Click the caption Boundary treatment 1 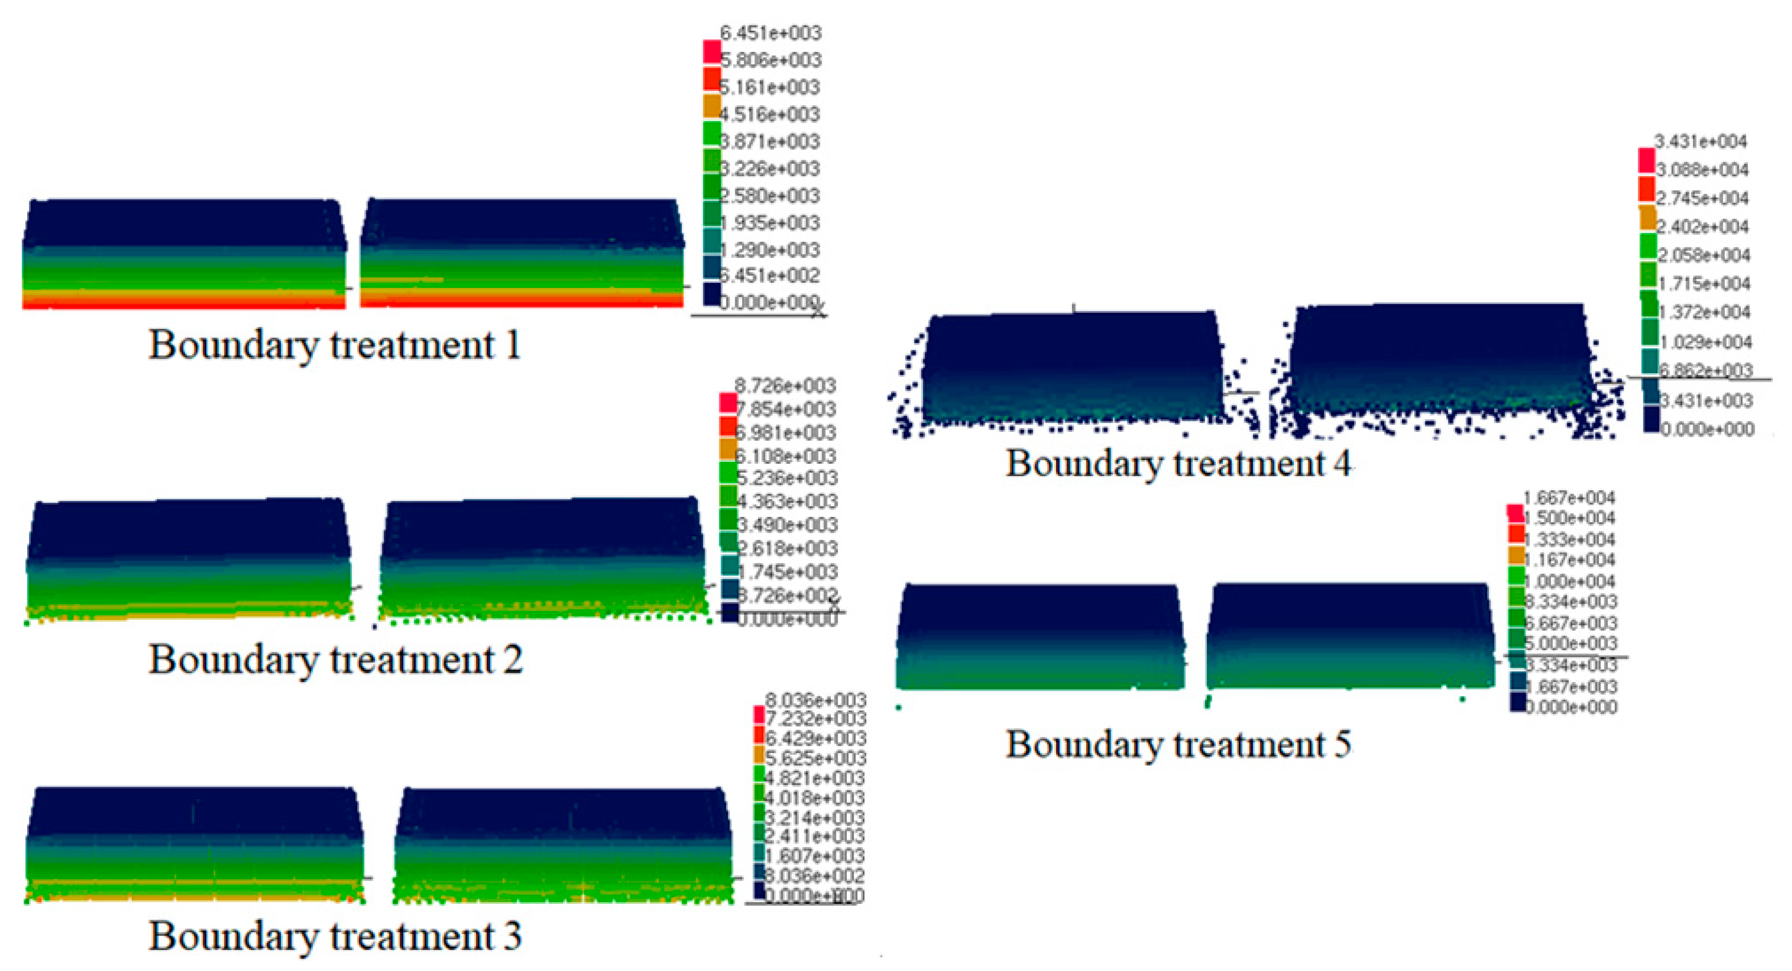(x=334, y=345)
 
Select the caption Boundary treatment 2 (x=336, y=659)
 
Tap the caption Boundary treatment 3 (x=336, y=936)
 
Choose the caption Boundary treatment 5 (x=1178, y=744)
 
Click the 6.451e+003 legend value (x=770, y=32)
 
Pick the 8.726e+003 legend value (x=785, y=385)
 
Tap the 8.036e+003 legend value (x=816, y=700)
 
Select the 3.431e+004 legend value (x=1700, y=142)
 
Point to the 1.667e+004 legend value (x=1568, y=498)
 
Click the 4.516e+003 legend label (x=770, y=114)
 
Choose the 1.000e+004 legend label (x=1570, y=581)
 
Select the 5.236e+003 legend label (x=787, y=478)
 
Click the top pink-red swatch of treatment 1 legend (x=711, y=51)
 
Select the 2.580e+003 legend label (x=770, y=196)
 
